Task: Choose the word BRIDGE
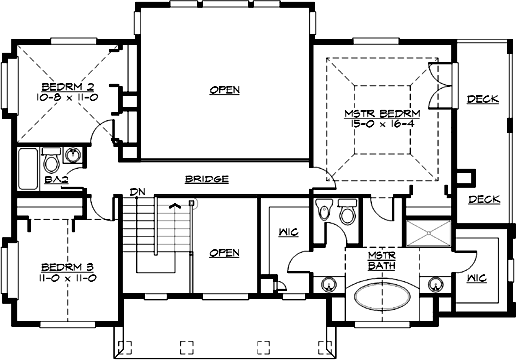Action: pyautogui.click(x=207, y=180)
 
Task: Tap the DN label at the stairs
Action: pyautogui.click(x=138, y=192)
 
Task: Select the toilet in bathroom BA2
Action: pyautogui.click(x=74, y=157)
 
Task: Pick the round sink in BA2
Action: pyautogui.click(x=51, y=157)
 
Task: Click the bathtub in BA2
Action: pyautogui.click(x=28, y=167)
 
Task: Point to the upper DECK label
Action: pyautogui.click(x=483, y=98)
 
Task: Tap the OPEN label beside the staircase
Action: pyautogui.click(x=224, y=253)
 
